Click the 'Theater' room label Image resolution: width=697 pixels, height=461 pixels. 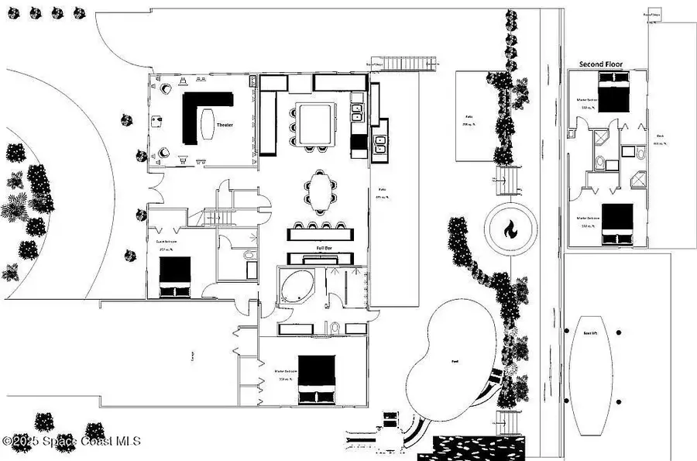tap(225, 125)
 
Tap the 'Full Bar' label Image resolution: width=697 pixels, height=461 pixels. tap(324, 249)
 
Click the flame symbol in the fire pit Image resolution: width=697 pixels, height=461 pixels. tap(510, 229)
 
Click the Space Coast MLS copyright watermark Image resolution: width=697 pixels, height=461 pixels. tap(71, 441)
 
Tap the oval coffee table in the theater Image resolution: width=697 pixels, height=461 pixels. tap(207, 123)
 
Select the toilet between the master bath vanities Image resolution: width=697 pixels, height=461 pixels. tap(335, 329)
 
